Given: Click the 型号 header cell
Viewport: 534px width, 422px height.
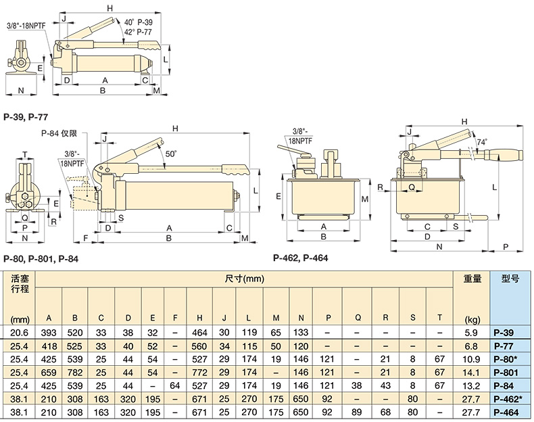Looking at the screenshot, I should pyautogui.click(x=510, y=278).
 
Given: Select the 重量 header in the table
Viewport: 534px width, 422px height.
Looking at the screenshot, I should pyautogui.click(x=472, y=278).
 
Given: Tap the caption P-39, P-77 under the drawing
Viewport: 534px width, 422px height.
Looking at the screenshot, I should pyautogui.click(x=26, y=117).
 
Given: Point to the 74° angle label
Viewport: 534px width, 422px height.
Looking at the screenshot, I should pyautogui.click(x=481, y=143).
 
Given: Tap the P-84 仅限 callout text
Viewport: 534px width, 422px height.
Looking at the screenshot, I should pyautogui.click(x=59, y=135).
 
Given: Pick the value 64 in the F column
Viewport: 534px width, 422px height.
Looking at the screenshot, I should pyautogui.click(x=175, y=385).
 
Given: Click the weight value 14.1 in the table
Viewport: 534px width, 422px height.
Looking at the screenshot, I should pyautogui.click(x=471, y=372).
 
